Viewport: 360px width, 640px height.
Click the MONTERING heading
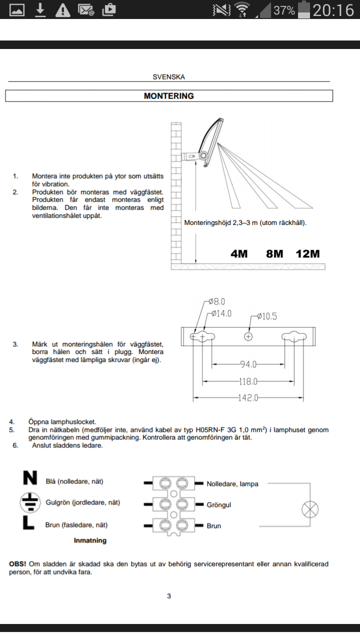coord(168,96)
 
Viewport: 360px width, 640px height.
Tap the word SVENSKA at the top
coord(168,77)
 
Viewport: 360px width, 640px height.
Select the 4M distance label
coord(239,253)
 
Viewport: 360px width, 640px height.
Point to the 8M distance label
coord(274,253)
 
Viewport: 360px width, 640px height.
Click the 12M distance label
coord(307,253)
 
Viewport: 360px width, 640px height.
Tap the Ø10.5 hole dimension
coord(267,316)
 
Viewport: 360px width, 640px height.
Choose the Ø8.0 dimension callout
coord(216,301)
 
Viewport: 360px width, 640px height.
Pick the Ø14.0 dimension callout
coord(221,313)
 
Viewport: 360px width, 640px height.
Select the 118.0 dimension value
coord(248,381)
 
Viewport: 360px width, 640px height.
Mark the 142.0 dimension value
coord(248,398)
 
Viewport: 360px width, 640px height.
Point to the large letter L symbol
coord(28,524)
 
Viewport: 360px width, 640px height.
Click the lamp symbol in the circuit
coord(310,510)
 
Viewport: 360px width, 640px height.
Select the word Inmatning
coord(90,540)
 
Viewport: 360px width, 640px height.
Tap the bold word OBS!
coord(18,564)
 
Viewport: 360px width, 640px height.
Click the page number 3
coord(169,596)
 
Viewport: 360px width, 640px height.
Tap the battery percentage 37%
coord(284,10)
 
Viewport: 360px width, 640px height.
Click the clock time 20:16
coord(333,10)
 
